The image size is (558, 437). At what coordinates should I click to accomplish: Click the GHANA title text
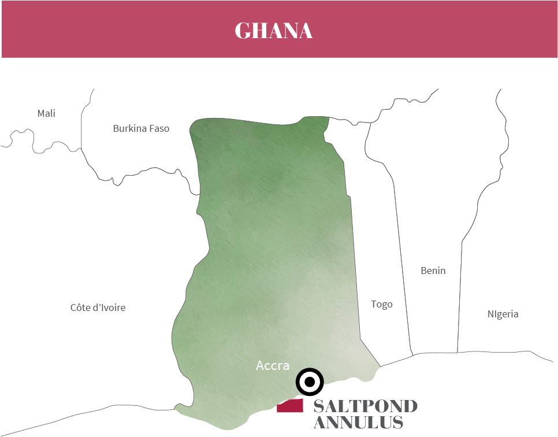coord(273,31)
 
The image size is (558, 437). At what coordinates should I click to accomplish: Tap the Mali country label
coord(46,113)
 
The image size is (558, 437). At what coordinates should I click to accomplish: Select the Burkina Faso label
coord(141,128)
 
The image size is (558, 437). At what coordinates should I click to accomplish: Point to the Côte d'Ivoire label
coord(98,308)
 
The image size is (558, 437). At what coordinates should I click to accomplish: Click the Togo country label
coord(382,304)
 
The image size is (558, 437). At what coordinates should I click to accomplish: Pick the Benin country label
coord(433,270)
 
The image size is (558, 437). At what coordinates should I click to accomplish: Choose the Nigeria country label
coord(503,314)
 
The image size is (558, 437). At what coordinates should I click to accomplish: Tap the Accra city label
coord(272,365)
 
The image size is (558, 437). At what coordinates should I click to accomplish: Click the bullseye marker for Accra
coord(310,382)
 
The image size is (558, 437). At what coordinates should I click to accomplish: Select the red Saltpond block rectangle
coord(290,406)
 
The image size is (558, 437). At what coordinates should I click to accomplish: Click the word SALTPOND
coord(365,406)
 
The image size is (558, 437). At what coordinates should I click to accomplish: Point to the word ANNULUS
coord(358,423)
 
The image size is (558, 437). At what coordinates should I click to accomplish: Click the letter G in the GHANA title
coord(243,31)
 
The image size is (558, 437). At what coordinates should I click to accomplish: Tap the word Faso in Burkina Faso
coord(159,128)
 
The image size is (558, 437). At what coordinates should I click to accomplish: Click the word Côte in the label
coord(81,308)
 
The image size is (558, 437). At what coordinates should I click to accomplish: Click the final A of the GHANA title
coord(304,31)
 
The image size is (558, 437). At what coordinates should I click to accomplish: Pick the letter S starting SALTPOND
coord(319,406)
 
